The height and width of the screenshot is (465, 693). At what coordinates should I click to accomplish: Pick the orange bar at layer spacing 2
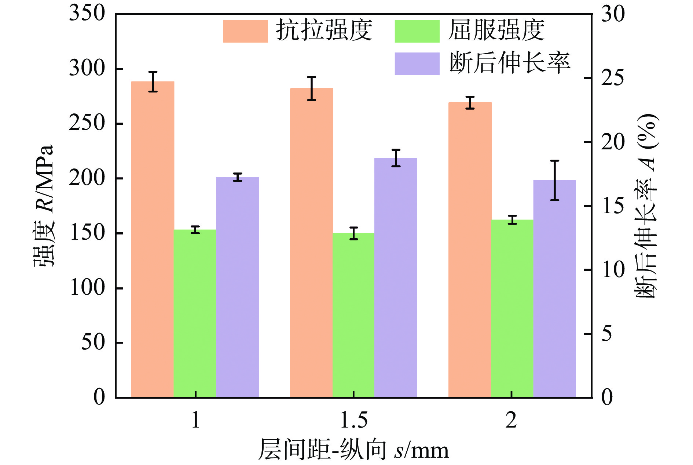470,250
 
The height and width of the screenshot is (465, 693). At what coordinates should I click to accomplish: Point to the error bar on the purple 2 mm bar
555,180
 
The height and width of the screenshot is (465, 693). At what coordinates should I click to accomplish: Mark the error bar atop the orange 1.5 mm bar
312,88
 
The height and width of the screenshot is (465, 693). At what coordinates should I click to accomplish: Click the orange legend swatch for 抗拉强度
245,31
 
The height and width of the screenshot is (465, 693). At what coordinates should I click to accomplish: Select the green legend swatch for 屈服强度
417,31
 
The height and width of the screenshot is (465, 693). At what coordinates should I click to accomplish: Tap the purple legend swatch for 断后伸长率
417,64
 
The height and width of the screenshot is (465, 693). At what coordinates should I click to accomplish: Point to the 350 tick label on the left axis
87,13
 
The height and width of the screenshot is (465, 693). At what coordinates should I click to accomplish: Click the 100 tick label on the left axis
87,288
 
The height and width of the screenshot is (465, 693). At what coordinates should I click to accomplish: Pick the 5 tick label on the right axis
607,334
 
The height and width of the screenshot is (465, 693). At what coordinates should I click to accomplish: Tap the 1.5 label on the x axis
354,420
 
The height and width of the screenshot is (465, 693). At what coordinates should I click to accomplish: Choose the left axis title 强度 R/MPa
44,206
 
